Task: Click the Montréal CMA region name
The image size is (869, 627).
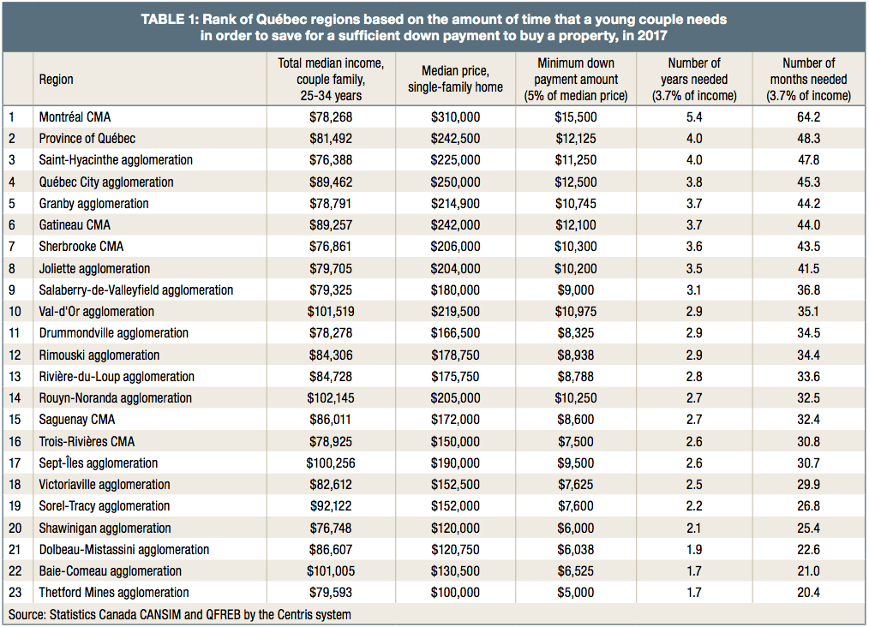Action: click(75, 116)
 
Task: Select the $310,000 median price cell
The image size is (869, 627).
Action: click(455, 116)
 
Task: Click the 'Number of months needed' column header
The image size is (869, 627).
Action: click(808, 80)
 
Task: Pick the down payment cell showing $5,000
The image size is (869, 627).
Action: click(576, 593)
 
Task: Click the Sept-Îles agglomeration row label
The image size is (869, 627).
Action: click(98, 463)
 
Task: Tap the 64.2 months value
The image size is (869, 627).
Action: click(808, 116)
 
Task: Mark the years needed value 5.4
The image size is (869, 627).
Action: click(694, 116)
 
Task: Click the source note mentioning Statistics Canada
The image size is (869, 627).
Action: click(179, 614)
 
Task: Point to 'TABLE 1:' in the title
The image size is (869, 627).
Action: click(170, 19)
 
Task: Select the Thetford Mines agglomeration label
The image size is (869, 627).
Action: click(113, 593)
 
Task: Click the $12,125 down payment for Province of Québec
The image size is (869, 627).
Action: click(576, 138)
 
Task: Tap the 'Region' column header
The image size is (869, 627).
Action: click(57, 80)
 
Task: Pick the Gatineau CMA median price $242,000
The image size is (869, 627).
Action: click(455, 224)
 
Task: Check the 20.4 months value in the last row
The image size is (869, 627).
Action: click(808, 593)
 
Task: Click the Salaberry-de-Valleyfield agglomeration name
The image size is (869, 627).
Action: click(135, 290)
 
